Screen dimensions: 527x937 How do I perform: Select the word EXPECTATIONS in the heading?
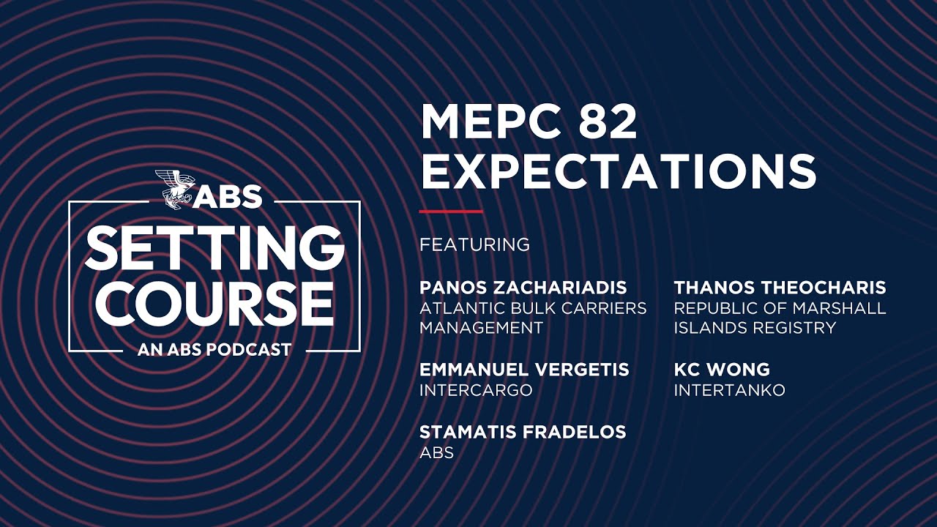click(x=619, y=171)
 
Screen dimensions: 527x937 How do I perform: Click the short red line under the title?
click(x=451, y=212)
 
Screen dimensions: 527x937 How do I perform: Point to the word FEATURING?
click(x=474, y=244)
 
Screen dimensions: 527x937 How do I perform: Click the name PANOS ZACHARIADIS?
click(x=523, y=287)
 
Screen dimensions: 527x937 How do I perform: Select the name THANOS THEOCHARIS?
click(x=780, y=287)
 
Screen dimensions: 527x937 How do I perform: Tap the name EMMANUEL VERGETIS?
click(x=524, y=370)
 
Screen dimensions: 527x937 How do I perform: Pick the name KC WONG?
click(x=722, y=370)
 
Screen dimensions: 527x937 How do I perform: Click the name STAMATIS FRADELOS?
click(x=523, y=432)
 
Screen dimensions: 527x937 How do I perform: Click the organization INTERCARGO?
click(x=476, y=390)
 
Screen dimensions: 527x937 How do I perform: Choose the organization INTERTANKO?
click(x=729, y=390)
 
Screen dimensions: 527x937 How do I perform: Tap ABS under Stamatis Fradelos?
click(x=436, y=453)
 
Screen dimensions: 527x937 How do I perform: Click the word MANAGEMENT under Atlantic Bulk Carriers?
click(x=481, y=328)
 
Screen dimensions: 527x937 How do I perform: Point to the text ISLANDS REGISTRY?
click(x=755, y=328)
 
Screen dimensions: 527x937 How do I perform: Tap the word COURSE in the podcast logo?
click(x=214, y=303)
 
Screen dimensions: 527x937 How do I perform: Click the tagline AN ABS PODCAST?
click(x=214, y=350)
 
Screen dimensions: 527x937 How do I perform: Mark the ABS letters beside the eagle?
click(x=229, y=196)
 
